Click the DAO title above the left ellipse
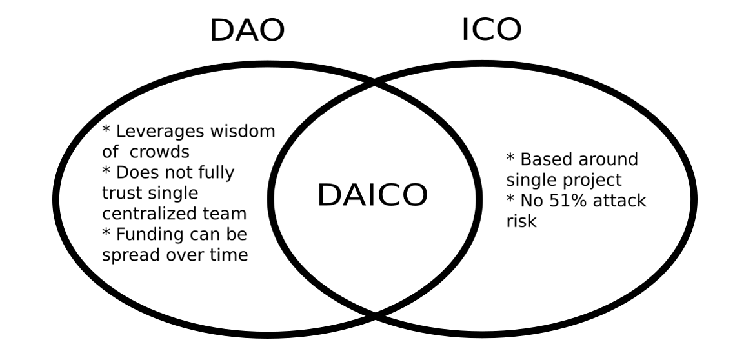click(x=247, y=31)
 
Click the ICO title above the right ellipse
click(x=492, y=30)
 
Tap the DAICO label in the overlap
click(x=372, y=195)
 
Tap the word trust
click(x=124, y=193)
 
